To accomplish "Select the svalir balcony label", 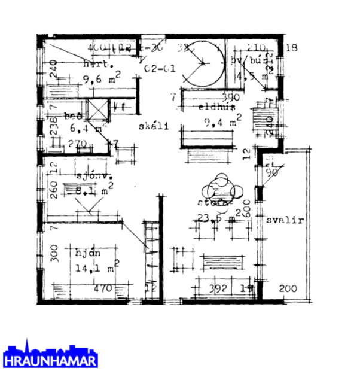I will click(x=285, y=220).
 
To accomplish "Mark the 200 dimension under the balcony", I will click(x=288, y=288).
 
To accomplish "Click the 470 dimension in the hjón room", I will click(x=105, y=288).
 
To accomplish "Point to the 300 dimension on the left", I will click(x=53, y=253).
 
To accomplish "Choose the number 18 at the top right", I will click(x=291, y=48).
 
